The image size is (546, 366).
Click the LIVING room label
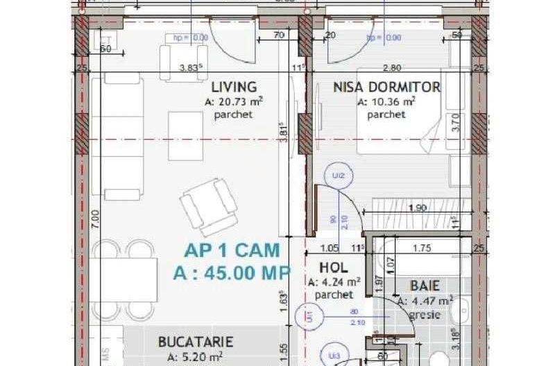point(234,87)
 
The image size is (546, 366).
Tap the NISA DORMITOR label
point(386,87)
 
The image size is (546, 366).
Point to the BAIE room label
point(424,285)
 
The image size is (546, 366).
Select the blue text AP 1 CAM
point(232,250)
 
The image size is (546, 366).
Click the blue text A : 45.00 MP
point(231,272)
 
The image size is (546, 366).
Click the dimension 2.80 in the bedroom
point(392,68)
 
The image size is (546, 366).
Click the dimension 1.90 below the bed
point(416,207)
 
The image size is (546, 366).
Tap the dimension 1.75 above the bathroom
point(422,248)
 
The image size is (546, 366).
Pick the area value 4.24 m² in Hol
point(334,282)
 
